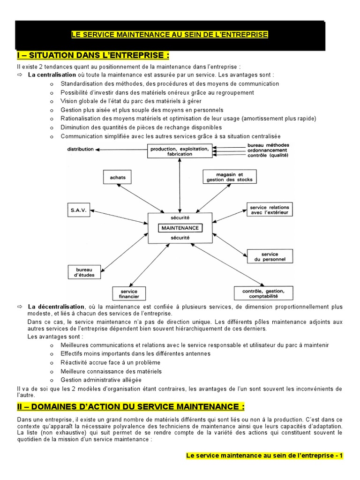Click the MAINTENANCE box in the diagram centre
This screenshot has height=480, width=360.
click(180, 228)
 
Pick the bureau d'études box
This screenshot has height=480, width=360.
click(84, 272)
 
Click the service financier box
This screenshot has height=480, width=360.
click(129, 294)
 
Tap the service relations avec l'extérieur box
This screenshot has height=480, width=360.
click(270, 210)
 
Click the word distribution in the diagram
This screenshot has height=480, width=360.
click(81, 149)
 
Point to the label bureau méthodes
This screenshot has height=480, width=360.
click(268, 145)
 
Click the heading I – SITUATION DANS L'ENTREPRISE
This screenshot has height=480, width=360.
click(92, 56)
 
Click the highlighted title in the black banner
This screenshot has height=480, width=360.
click(170, 35)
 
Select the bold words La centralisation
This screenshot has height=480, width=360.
click(52, 75)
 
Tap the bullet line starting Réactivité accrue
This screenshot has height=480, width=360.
click(111, 362)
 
